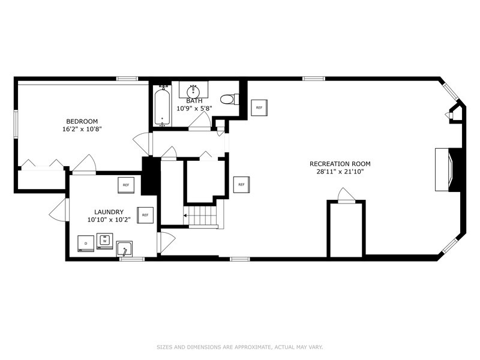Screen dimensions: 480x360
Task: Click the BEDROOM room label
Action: (x=82, y=122)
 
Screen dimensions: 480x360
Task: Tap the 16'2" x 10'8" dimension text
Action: (x=82, y=129)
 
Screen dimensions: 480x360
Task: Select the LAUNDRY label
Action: (x=109, y=212)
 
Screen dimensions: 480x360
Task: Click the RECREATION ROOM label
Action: (x=340, y=164)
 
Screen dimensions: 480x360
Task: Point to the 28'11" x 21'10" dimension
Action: (x=340, y=172)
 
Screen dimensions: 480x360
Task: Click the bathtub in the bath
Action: (x=162, y=106)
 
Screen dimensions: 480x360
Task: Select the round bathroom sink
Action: (x=193, y=91)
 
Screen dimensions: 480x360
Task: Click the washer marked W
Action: (x=104, y=241)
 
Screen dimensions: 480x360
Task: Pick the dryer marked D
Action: (x=86, y=244)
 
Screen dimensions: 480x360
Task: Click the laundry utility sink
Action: (x=124, y=248)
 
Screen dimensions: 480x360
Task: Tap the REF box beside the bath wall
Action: (x=259, y=108)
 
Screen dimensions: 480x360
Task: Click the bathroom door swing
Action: (x=199, y=121)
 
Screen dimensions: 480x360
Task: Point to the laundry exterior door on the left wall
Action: (x=59, y=209)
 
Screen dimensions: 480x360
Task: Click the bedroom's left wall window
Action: (x=16, y=124)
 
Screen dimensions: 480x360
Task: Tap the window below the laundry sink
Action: (x=131, y=259)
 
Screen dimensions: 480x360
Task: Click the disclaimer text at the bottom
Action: (x=239, y=347)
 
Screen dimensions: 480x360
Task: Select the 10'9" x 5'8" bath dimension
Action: (x=194, y=108)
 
